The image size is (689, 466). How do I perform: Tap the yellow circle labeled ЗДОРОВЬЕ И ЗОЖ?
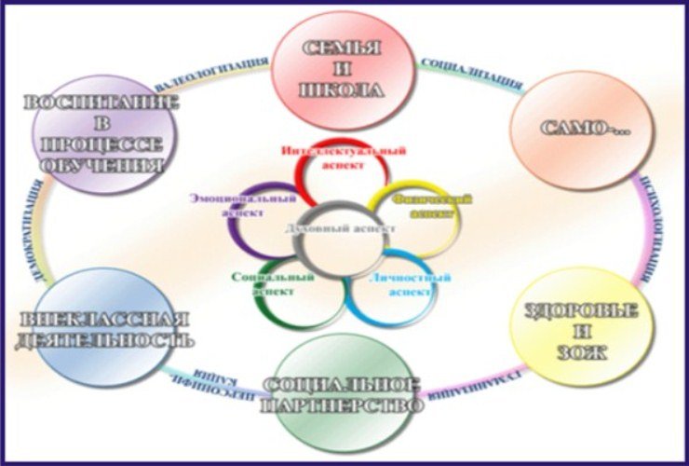click(582, 320)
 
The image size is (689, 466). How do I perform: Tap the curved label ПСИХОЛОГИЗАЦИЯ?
click(642, 224)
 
